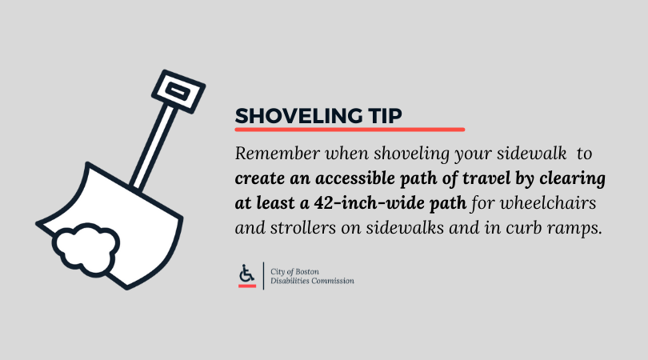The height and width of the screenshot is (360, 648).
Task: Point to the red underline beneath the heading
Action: coord(350,129)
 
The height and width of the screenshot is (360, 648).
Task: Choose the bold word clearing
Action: coord(573,177)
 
